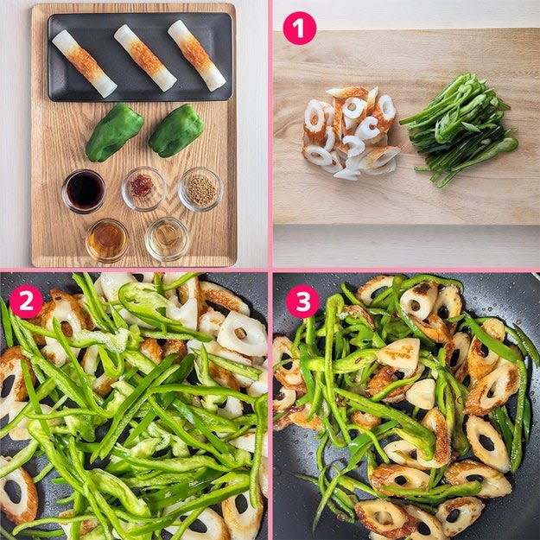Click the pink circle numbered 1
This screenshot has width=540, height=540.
point(299,29)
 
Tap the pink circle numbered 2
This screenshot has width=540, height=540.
point(26,302)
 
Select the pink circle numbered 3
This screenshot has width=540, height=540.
point(302,302)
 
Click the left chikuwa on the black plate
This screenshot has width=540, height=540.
point(85,63)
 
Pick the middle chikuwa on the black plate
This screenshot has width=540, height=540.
point(145,58)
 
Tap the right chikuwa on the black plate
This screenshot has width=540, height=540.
point(197,55)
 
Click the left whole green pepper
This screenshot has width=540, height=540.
point(114,132)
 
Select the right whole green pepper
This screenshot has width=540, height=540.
point(176,130)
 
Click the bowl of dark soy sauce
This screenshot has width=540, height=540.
point(84,191)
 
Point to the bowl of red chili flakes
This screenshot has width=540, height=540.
point(143,188)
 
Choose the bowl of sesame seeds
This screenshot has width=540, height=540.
point(200,189)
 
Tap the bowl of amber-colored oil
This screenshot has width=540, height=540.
point(107,240)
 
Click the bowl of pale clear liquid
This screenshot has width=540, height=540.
point(167,238)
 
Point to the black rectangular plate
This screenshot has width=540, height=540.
point(140,57)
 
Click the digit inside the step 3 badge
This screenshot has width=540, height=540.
point(303,301)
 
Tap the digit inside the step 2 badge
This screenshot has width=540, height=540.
point(27,302)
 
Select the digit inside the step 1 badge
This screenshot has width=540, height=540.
point(300,29)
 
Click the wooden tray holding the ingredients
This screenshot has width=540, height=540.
point(134,135)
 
